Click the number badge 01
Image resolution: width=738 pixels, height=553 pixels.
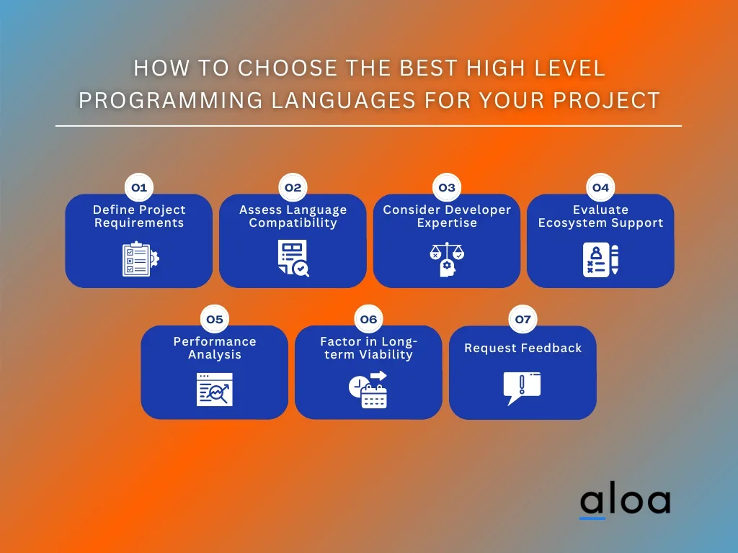pos(138,188)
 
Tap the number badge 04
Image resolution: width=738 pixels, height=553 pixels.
pos(600,188)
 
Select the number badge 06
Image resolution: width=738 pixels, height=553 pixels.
pos(368,319)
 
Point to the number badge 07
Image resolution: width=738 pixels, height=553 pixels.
pos(523,319)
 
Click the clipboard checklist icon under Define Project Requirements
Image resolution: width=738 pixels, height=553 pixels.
pos(140,259)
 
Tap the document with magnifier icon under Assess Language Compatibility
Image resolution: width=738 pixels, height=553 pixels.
pos(293,259)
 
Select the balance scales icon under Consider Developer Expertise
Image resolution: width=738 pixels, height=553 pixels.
pos(447,260)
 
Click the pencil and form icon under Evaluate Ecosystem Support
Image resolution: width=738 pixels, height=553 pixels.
pos(600,260)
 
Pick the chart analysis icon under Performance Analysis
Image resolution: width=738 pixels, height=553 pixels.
pos(215,390)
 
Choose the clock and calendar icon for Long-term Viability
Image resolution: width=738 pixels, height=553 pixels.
pos(368,390)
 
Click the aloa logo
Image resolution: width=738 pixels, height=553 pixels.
pos(625,501)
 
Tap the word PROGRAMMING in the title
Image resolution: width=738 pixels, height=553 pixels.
pos(171,100)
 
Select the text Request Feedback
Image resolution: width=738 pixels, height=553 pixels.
pos(523,349)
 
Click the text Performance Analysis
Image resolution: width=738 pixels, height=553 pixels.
pos(215,348)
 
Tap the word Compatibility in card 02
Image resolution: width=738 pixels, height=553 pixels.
pos(293,223)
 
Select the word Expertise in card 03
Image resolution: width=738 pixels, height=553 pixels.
pos(447,223)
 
